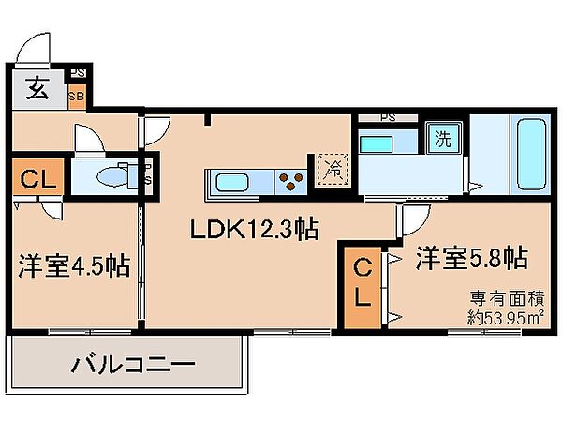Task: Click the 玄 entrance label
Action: coord(37,91)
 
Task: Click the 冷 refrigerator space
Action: coord(333,170)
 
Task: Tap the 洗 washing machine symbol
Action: coord(442,142)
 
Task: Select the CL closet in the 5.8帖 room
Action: coord(362,286)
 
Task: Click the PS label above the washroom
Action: coord(386,118)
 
